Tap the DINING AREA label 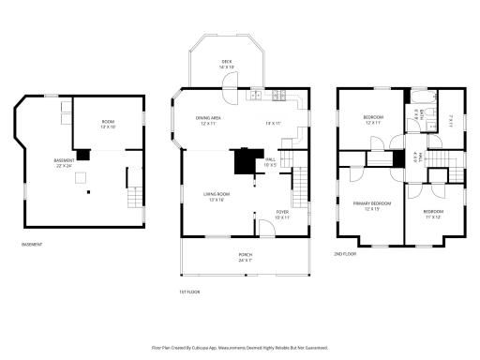[208, 120]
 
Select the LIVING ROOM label [217, 196]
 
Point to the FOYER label [281, 215]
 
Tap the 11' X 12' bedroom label [431, 215]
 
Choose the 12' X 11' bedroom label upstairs [374, 118]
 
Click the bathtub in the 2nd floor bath [418, 97]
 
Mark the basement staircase [136, 197]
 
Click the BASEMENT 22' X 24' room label [64, 163]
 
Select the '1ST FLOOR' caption [191, 292]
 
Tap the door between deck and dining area [227, 90]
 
